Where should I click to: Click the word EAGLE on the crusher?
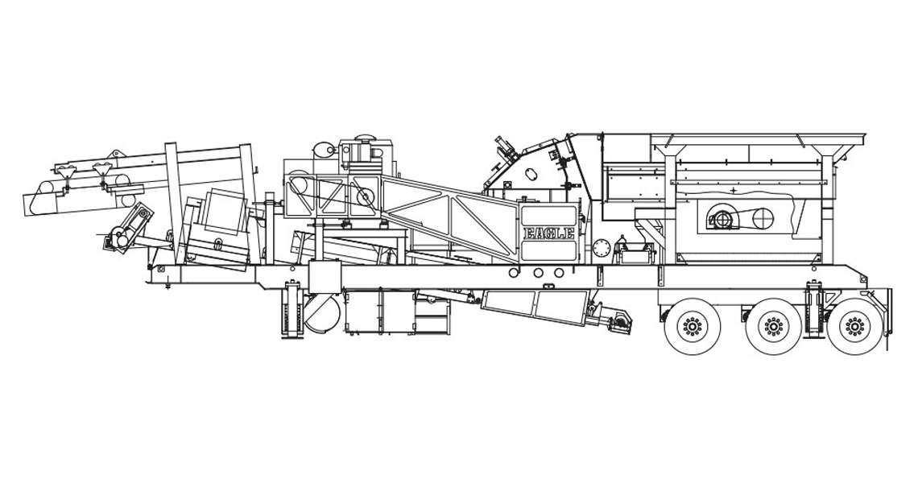click(x=548, y=233)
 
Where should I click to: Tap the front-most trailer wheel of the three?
click(x=693, y=325)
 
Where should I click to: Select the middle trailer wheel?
click(x=773, y=325)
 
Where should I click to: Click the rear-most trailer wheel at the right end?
click(x=854, y=325)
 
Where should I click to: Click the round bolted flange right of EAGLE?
click(x=601, y=248)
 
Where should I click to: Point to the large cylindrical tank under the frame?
click(x=321, y=313)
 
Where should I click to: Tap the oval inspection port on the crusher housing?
click(x=531, y=175)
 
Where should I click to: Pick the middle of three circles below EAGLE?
click(x=537, y=273)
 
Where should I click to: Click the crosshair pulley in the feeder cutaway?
click(x=763, y=219)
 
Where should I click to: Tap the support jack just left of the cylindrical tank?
click(x=292, y=310)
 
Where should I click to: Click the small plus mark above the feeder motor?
click(x=733, y=190)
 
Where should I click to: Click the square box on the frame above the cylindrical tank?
click(x=325, y=277)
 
